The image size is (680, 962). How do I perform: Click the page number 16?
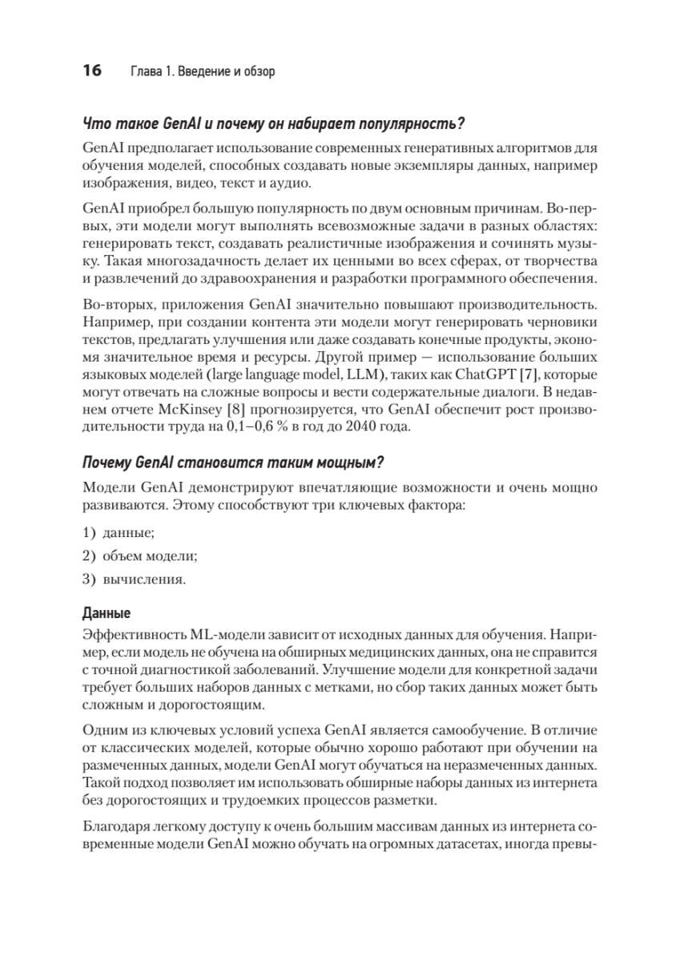coord(92,71)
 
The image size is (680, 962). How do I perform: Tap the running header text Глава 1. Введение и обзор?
coord(202,72)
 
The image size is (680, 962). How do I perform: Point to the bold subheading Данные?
coord(107,613)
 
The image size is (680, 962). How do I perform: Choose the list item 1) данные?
coord(119,532)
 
